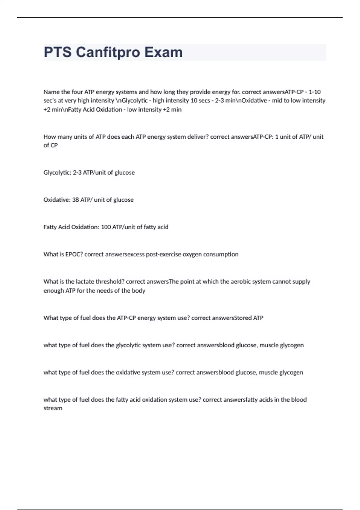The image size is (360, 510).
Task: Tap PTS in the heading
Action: click(58, 52)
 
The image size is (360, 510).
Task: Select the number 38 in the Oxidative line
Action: click(75, 200)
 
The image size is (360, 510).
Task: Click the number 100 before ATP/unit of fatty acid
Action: click(106, 227)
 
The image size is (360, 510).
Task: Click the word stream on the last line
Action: click(53, 408)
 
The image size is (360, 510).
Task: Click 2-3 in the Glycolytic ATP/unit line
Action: click(77, 172)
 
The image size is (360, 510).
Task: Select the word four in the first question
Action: click(77, 92)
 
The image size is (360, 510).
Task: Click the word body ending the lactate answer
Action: click(138, 291)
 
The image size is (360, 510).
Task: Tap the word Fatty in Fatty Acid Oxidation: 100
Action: click(50, 227)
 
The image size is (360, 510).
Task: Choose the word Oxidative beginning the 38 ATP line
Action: click(56, 200)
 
